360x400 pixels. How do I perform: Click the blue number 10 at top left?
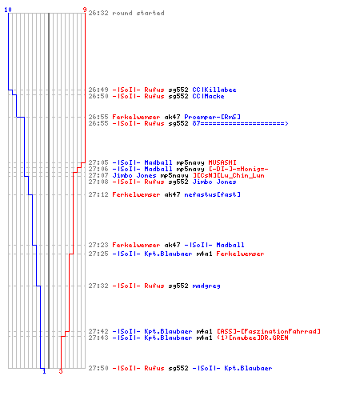coord(8,10)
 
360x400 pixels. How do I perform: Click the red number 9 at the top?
coord(85,10)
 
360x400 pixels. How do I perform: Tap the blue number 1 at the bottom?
coord(44,371)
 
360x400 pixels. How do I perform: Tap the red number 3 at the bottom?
coord(61,371)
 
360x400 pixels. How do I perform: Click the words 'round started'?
coord(138,13)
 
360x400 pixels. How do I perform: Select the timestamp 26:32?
coord(98,13)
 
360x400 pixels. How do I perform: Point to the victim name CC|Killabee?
coord(214,90)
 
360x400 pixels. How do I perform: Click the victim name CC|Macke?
coord(208,96)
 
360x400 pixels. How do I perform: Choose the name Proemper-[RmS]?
coord(212,117)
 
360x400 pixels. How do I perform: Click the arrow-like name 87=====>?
coord(240,123)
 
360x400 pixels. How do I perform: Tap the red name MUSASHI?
coord(222,162)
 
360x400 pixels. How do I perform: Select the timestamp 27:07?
coord(98,175)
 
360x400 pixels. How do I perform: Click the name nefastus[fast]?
coord(212,194)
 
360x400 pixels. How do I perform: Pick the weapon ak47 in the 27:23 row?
coord(172,245)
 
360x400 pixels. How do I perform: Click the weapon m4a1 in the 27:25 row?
coord(204,254)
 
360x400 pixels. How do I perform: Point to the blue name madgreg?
coord(206,286)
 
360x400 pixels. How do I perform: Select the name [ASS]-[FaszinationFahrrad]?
coord(269,331)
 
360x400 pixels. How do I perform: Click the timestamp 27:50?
coord(98,368)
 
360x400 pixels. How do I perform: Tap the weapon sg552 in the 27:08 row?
coord(178,182)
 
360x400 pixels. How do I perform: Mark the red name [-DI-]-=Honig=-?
coord(238,169)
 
